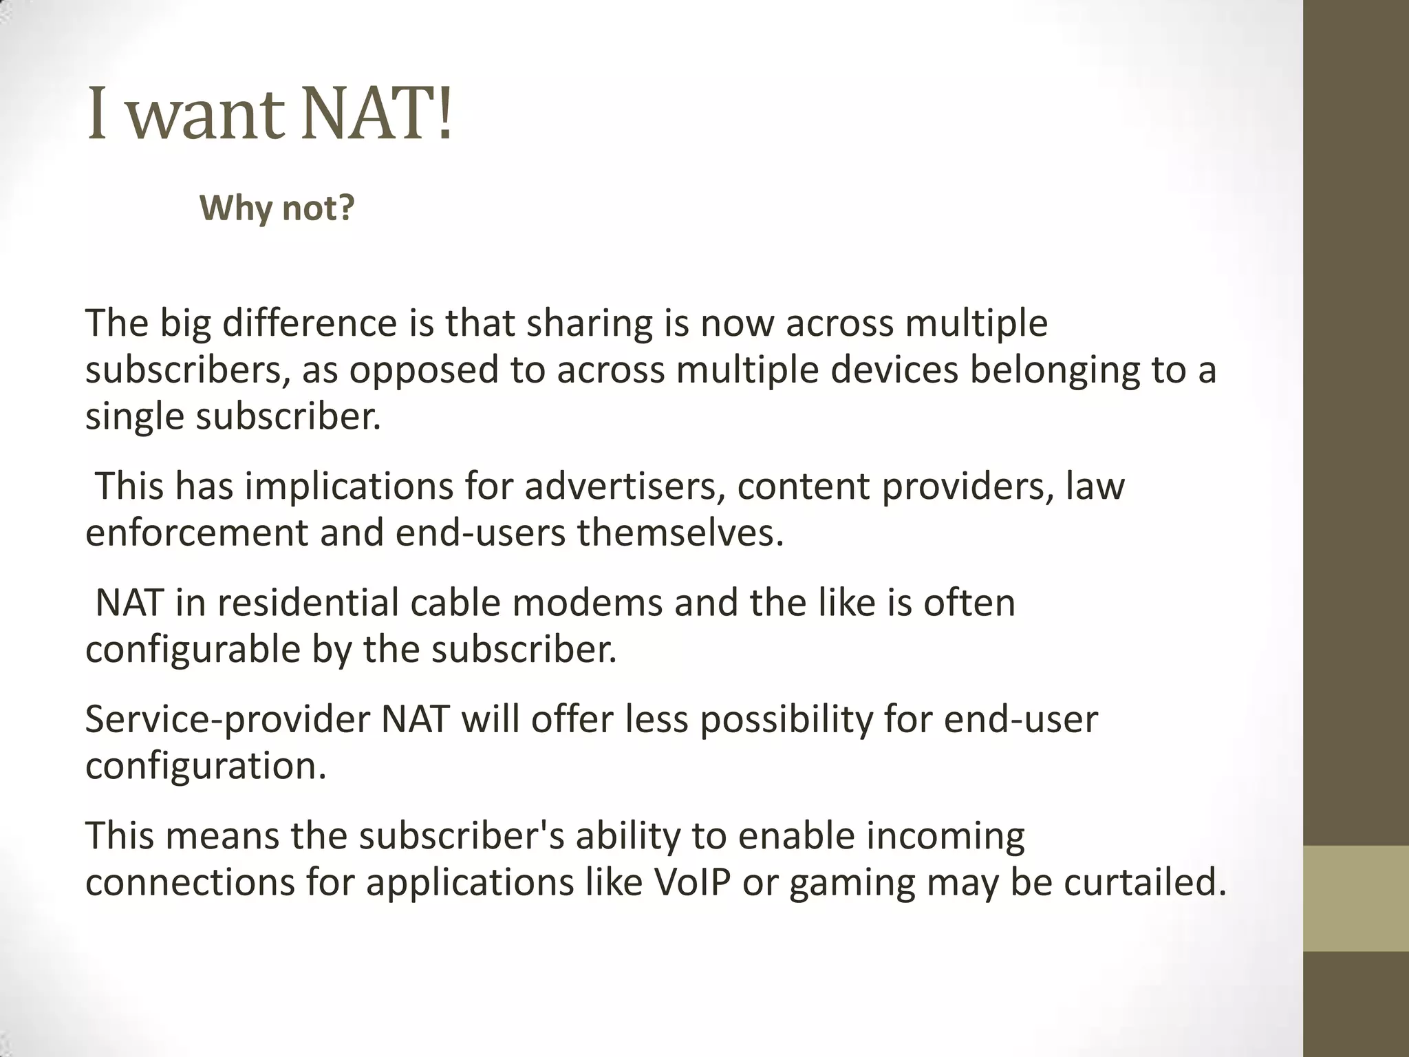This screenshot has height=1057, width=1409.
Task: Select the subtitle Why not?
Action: click(277, 207)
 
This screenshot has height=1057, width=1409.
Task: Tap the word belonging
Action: click(1054, 371)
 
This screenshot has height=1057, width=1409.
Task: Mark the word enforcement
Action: click(197, 533)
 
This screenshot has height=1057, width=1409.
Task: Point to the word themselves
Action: click(680, 533)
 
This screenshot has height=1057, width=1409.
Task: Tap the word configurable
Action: click(193, 650)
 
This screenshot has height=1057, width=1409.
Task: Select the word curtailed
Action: click(1145, 883)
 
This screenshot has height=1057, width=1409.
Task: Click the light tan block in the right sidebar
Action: click(1356, 898)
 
